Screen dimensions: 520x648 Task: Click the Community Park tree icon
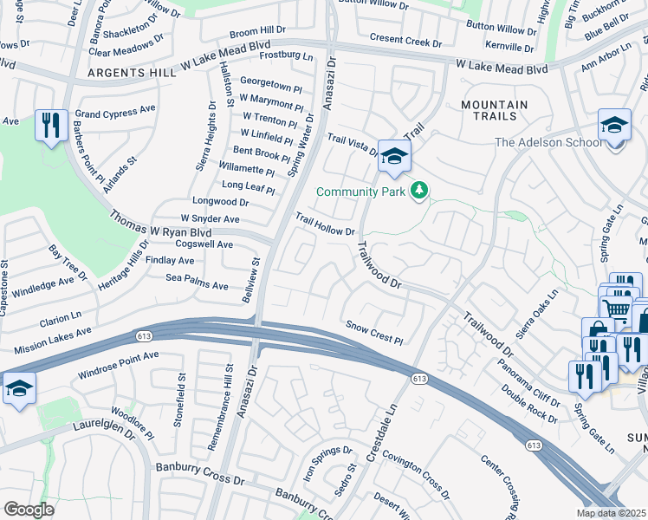tap(419, 190)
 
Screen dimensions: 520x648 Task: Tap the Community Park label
tap(362, 192)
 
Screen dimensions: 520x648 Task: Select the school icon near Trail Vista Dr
tap(394, 156)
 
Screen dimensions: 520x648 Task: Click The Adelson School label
tap(548, 143)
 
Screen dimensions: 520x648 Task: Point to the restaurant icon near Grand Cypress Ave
tap(51, 126)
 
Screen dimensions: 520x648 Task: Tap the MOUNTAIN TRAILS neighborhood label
tap(494, 111)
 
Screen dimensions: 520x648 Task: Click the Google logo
tap(29, 510)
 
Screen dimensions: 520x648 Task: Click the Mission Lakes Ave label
tap(52, 341)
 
